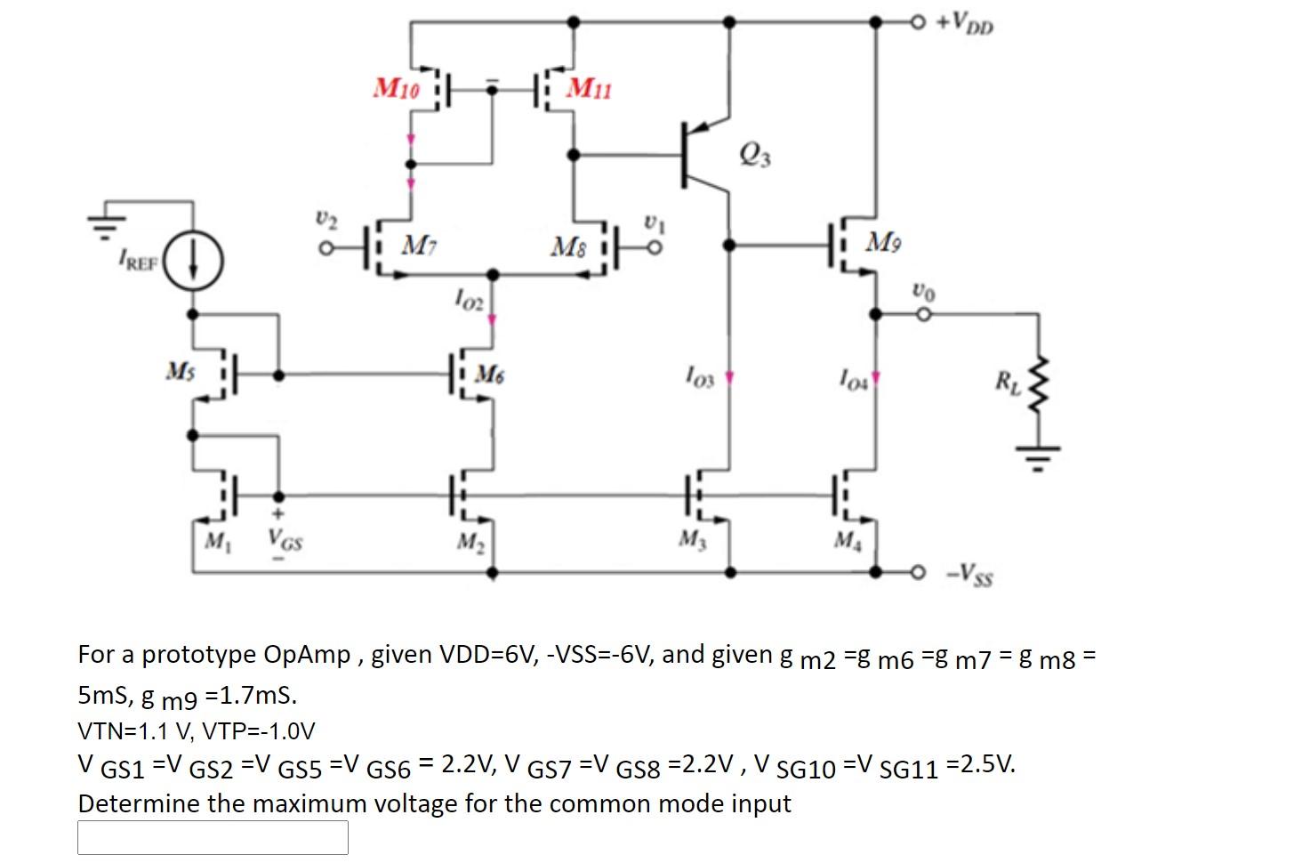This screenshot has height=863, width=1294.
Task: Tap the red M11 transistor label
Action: (x=589, y=88)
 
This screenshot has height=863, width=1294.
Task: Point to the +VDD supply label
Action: (x=964, y=23)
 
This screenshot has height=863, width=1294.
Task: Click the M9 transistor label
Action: (x=883, y=241)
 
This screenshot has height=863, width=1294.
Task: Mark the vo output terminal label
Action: (x=923, y=291)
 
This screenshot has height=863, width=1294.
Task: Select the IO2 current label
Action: (x=469, y=298)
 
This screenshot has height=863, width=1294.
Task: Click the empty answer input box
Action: (x=213, y=836)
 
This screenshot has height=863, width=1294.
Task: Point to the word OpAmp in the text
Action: (x=306, y=655)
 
